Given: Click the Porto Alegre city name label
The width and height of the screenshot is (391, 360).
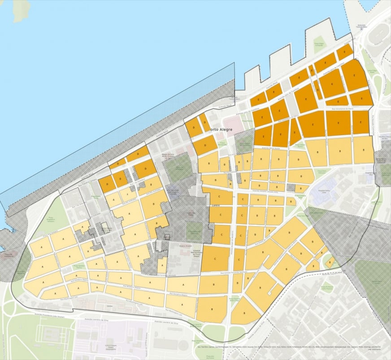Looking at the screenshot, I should pyautogui.click(x=220, y=130).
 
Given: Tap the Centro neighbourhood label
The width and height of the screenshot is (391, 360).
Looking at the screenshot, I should pyautogui.click(x=216, y=206).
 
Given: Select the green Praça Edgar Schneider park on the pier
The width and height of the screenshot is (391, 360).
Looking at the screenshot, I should pyautogui.click(x=319, y=43).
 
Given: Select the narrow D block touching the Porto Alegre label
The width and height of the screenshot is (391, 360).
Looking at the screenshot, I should pyautogui.click(x=204, y=122).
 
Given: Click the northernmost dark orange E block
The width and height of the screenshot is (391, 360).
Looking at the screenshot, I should pyautogui.click(x=345, y=52).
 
